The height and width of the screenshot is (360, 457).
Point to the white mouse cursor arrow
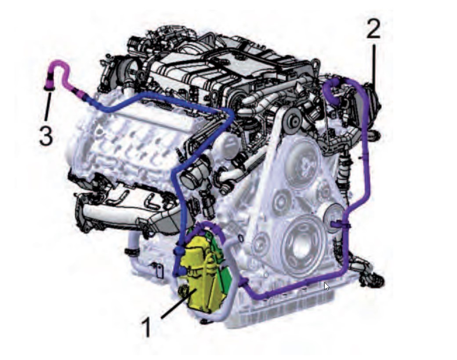327,286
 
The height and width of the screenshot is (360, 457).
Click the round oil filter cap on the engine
229,144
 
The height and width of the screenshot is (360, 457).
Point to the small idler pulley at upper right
294,120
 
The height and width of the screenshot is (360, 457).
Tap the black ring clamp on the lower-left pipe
133,251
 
